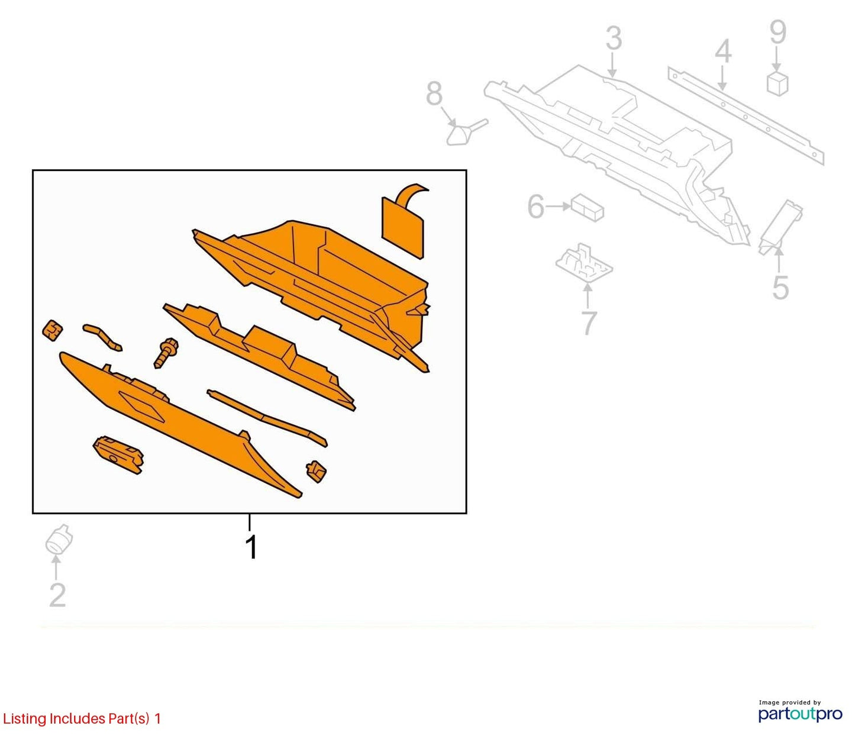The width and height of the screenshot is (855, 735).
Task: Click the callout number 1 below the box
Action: tap(251, 547)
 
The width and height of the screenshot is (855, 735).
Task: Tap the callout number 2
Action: tap(57, 595)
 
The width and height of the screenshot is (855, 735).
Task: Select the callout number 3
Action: tap(614, 38)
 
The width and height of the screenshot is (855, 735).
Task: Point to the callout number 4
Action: tap(723, 53)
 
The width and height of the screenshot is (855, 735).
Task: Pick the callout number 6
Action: tap(536, 207)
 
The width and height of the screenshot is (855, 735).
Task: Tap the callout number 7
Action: tap(589, 323)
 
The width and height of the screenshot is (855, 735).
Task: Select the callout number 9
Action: tap(777, 33)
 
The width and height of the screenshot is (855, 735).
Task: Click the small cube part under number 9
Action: tap(777, 85)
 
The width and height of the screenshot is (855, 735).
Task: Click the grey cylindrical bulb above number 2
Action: tap(59, 539)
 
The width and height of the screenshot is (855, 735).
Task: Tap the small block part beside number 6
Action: tap(588, 208)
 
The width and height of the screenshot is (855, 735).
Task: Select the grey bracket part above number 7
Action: tap(583, 263)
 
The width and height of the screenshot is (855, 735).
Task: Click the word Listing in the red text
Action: tap(24, 719)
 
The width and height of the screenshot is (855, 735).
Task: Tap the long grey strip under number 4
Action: tap(746, 115)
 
